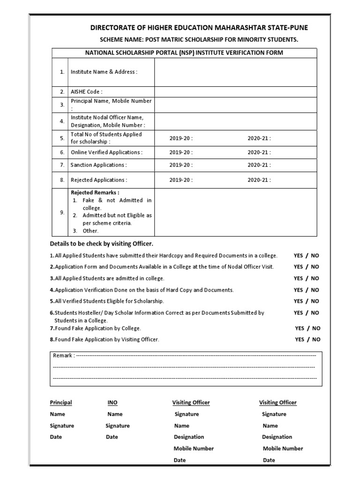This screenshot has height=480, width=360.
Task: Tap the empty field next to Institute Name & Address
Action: point(235,72)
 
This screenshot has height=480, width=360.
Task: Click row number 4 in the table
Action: point(62,121)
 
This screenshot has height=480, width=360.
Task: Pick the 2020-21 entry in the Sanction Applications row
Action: point(259,165)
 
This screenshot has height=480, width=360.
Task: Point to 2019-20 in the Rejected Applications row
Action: point(180,180)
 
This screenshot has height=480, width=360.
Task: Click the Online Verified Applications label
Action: point(106,152)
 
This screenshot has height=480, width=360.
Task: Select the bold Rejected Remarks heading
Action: point(95,193)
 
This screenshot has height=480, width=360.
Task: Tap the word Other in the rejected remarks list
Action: point(90,231)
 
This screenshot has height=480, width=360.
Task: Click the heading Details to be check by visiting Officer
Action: point(102,244)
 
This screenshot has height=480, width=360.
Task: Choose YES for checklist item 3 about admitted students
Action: point(298,278)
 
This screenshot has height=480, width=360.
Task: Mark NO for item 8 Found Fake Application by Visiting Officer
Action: point(316,339)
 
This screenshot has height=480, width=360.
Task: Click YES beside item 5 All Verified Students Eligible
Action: point(298,301)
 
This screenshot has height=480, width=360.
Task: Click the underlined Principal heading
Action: point(61,403)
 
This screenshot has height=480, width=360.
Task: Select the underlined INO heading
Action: point(112,403)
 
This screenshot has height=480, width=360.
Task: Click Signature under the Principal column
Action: point(62,426)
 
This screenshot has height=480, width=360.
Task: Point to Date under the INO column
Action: point(111,437)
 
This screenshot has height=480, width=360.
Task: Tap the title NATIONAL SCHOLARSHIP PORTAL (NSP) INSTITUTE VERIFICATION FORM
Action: point(184,53)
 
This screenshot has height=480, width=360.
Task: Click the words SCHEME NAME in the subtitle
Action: point(119,40)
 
